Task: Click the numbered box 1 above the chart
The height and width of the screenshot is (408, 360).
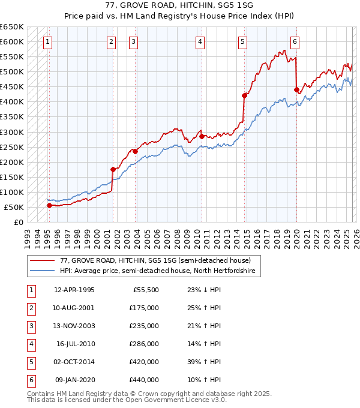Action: (x=47, y=42)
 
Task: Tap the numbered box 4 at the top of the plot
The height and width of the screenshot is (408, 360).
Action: (x=200, y=42)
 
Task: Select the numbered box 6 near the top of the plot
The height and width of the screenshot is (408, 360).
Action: (x=295, y=42)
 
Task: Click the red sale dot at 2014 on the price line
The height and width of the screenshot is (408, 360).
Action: (x=244, y=95)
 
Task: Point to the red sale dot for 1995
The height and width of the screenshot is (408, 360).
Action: (x=49, y=205)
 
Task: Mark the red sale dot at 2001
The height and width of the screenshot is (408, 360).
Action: (x=113, y=169)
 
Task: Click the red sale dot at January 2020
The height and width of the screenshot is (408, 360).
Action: (x=296, y=89)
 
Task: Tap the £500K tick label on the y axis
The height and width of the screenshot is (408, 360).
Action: (x=12, y=72)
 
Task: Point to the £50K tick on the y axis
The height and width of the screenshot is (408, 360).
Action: (x=14, y=207)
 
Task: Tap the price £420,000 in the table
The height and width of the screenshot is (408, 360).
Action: (x=144, y=362)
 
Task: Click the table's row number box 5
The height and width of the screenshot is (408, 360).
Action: (x=30, y=362)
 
